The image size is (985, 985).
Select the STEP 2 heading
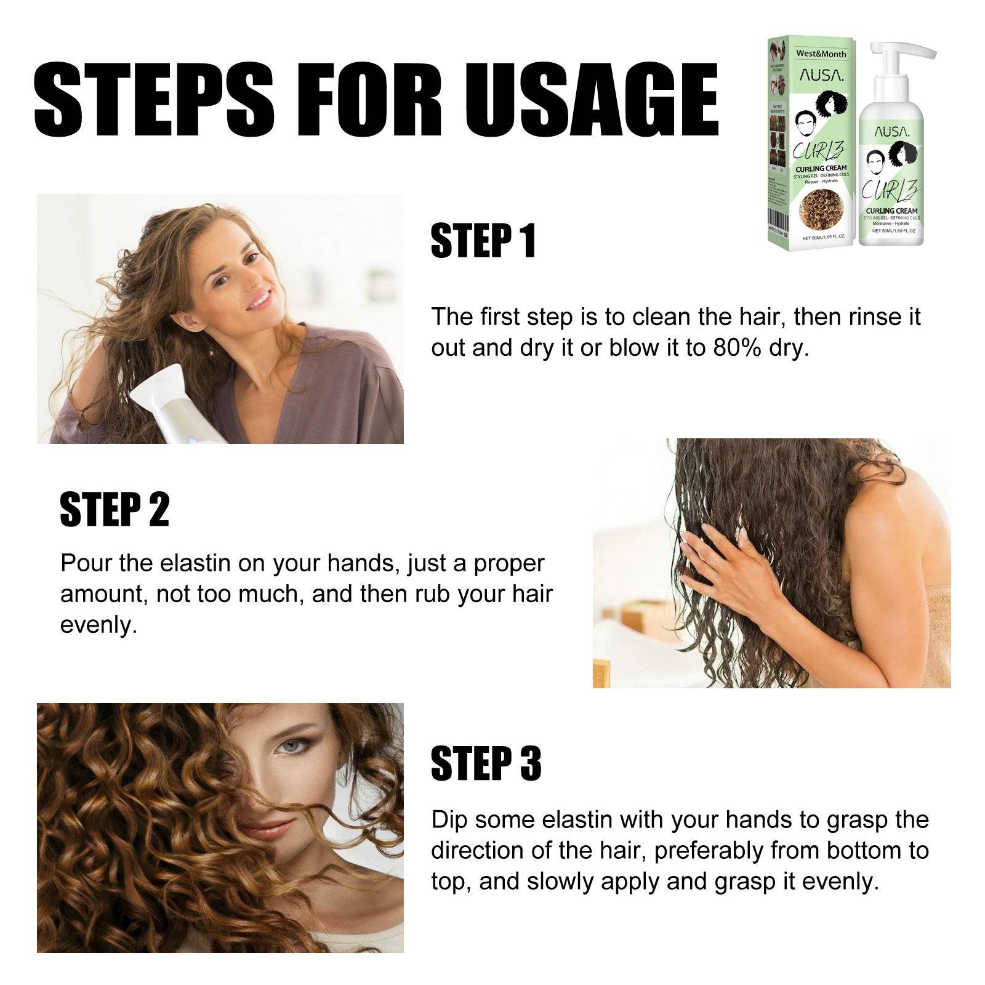point(115,509)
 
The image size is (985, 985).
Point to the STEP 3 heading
point(486,764)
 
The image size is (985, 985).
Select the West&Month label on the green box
point(821,54)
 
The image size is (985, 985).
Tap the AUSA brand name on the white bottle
point(889,132)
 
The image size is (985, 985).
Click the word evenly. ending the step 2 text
point(98,625)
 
